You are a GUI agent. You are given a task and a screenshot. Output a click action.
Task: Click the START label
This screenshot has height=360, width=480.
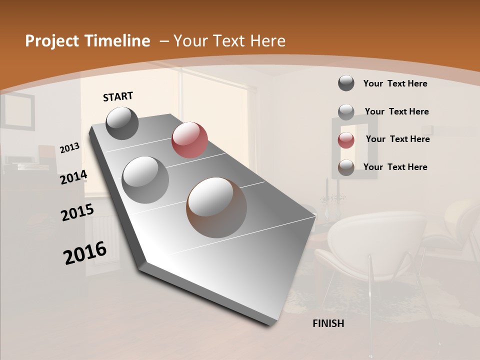[x=118, y=96]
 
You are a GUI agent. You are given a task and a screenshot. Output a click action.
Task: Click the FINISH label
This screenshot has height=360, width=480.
[x=328, y=323]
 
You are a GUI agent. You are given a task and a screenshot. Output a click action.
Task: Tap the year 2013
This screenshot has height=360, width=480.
[x=69, y=148]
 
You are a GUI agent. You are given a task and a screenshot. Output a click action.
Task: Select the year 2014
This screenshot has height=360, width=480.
[x=73, y=177]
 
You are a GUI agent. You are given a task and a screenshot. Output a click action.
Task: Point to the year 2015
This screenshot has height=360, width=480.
[x=77, y=212]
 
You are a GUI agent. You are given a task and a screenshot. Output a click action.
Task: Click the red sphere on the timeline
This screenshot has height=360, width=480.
[x=189, y=140]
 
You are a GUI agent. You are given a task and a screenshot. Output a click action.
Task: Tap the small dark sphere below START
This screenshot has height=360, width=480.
[x=122, y=123]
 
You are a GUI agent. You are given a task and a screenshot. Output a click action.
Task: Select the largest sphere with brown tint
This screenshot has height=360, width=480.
[x=216, y=207]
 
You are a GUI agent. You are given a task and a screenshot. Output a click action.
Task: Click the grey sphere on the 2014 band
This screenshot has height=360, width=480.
[x=145, y=180]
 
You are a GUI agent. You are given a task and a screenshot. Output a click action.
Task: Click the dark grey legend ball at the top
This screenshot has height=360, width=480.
[x=346, y=83]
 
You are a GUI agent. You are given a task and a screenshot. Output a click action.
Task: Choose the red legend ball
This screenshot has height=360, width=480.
[x=346, y=140]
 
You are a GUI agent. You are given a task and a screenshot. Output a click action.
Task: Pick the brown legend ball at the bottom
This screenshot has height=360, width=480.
[x=346, y=167]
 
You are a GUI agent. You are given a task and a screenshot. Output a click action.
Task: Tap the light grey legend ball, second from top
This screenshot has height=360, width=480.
[x=346, y=112]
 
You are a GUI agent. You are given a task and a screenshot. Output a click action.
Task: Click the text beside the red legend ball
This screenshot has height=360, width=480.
[x=397, y=139]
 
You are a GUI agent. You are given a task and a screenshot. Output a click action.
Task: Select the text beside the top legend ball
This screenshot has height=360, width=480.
[x=395, y=83]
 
